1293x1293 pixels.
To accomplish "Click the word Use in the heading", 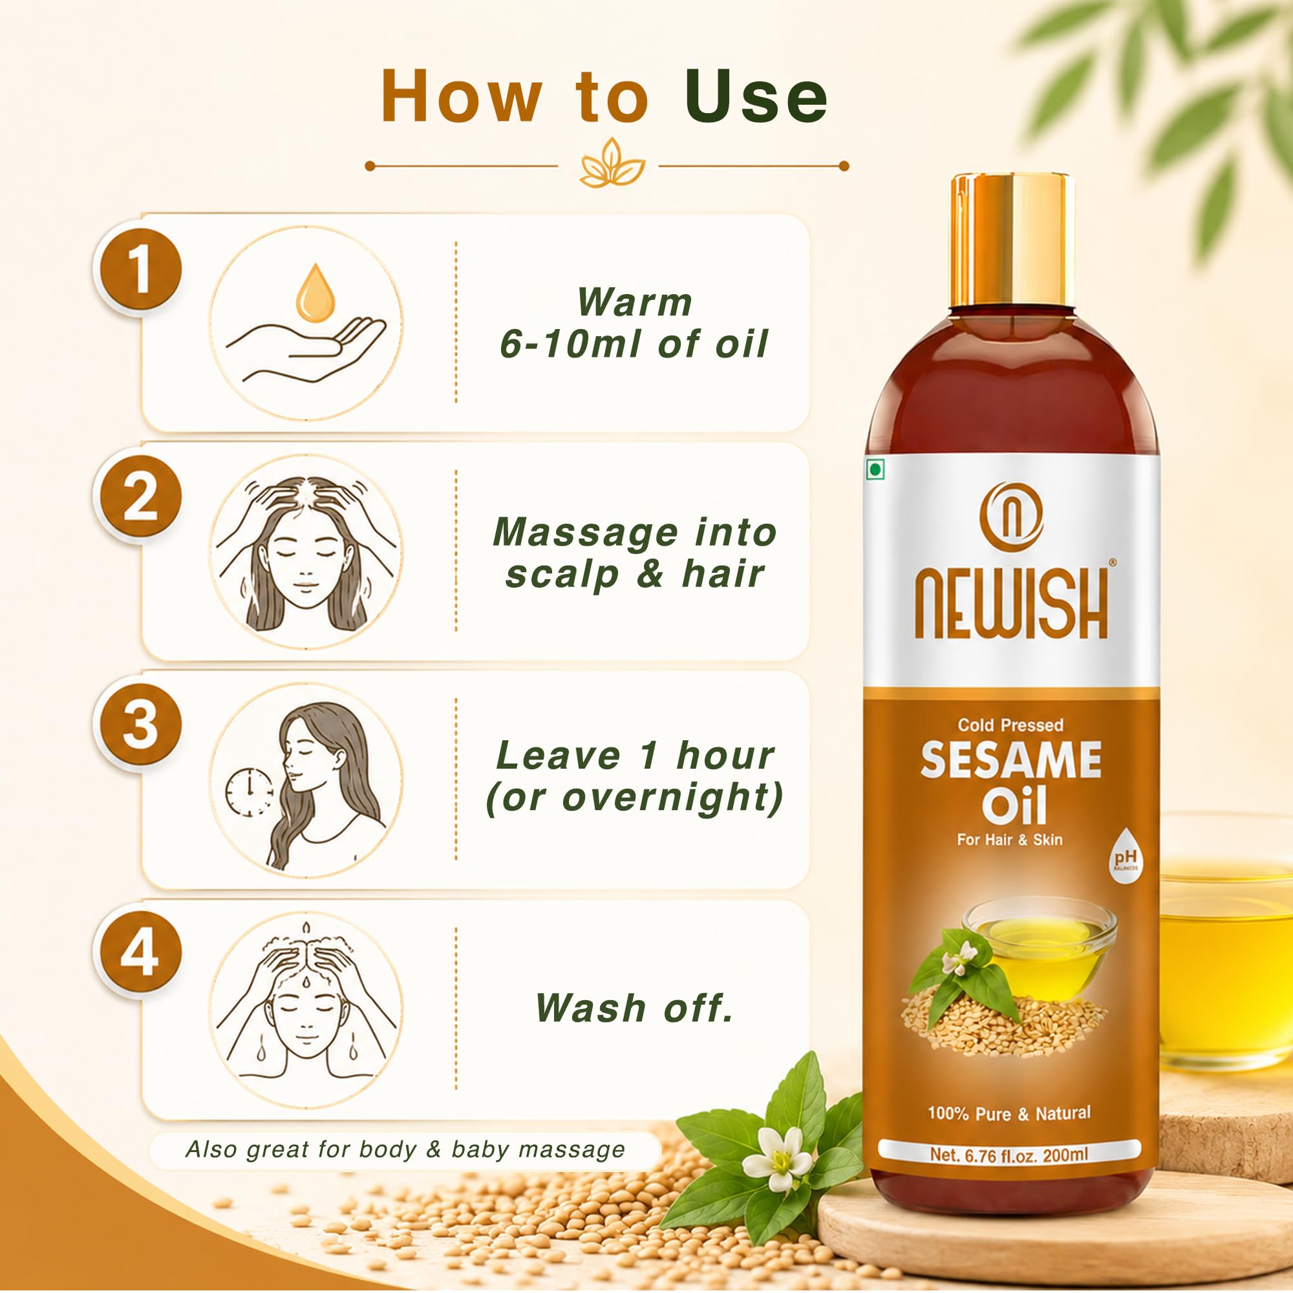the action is point(756,98).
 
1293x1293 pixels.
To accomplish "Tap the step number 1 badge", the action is point(138,270).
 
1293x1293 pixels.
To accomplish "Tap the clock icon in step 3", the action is point(250,791).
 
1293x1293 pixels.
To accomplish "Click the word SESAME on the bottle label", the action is point(1011,760).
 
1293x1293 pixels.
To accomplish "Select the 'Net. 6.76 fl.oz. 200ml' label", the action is point(1009,1155).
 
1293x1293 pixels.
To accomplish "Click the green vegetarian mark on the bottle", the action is point(875,470).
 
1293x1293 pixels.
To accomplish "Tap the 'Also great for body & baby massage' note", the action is point(405,1149).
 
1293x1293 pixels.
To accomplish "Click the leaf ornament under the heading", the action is point(612,164).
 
